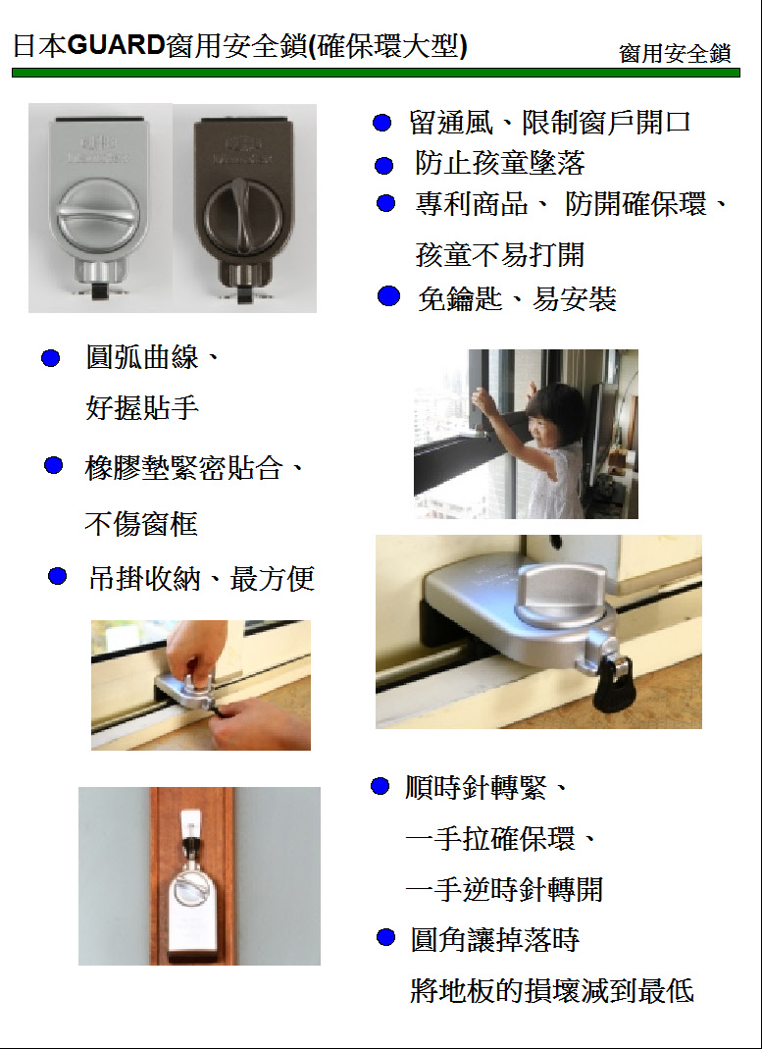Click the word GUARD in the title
[117, 47]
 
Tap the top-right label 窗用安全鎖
[675, 54]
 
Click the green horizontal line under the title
[376, 73]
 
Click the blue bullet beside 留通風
[381, 123]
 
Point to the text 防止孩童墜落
[500, 163]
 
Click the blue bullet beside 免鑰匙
[388, 295]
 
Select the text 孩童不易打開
[500, 255]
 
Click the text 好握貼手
[142, 407]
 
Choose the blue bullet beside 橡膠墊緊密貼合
[54, 465]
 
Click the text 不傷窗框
[141, 524]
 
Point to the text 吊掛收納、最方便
[201, 578]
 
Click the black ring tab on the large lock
[613, 683]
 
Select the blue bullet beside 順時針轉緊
[380, 786]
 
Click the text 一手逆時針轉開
[504, 890]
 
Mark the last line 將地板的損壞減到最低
[552, 991]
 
